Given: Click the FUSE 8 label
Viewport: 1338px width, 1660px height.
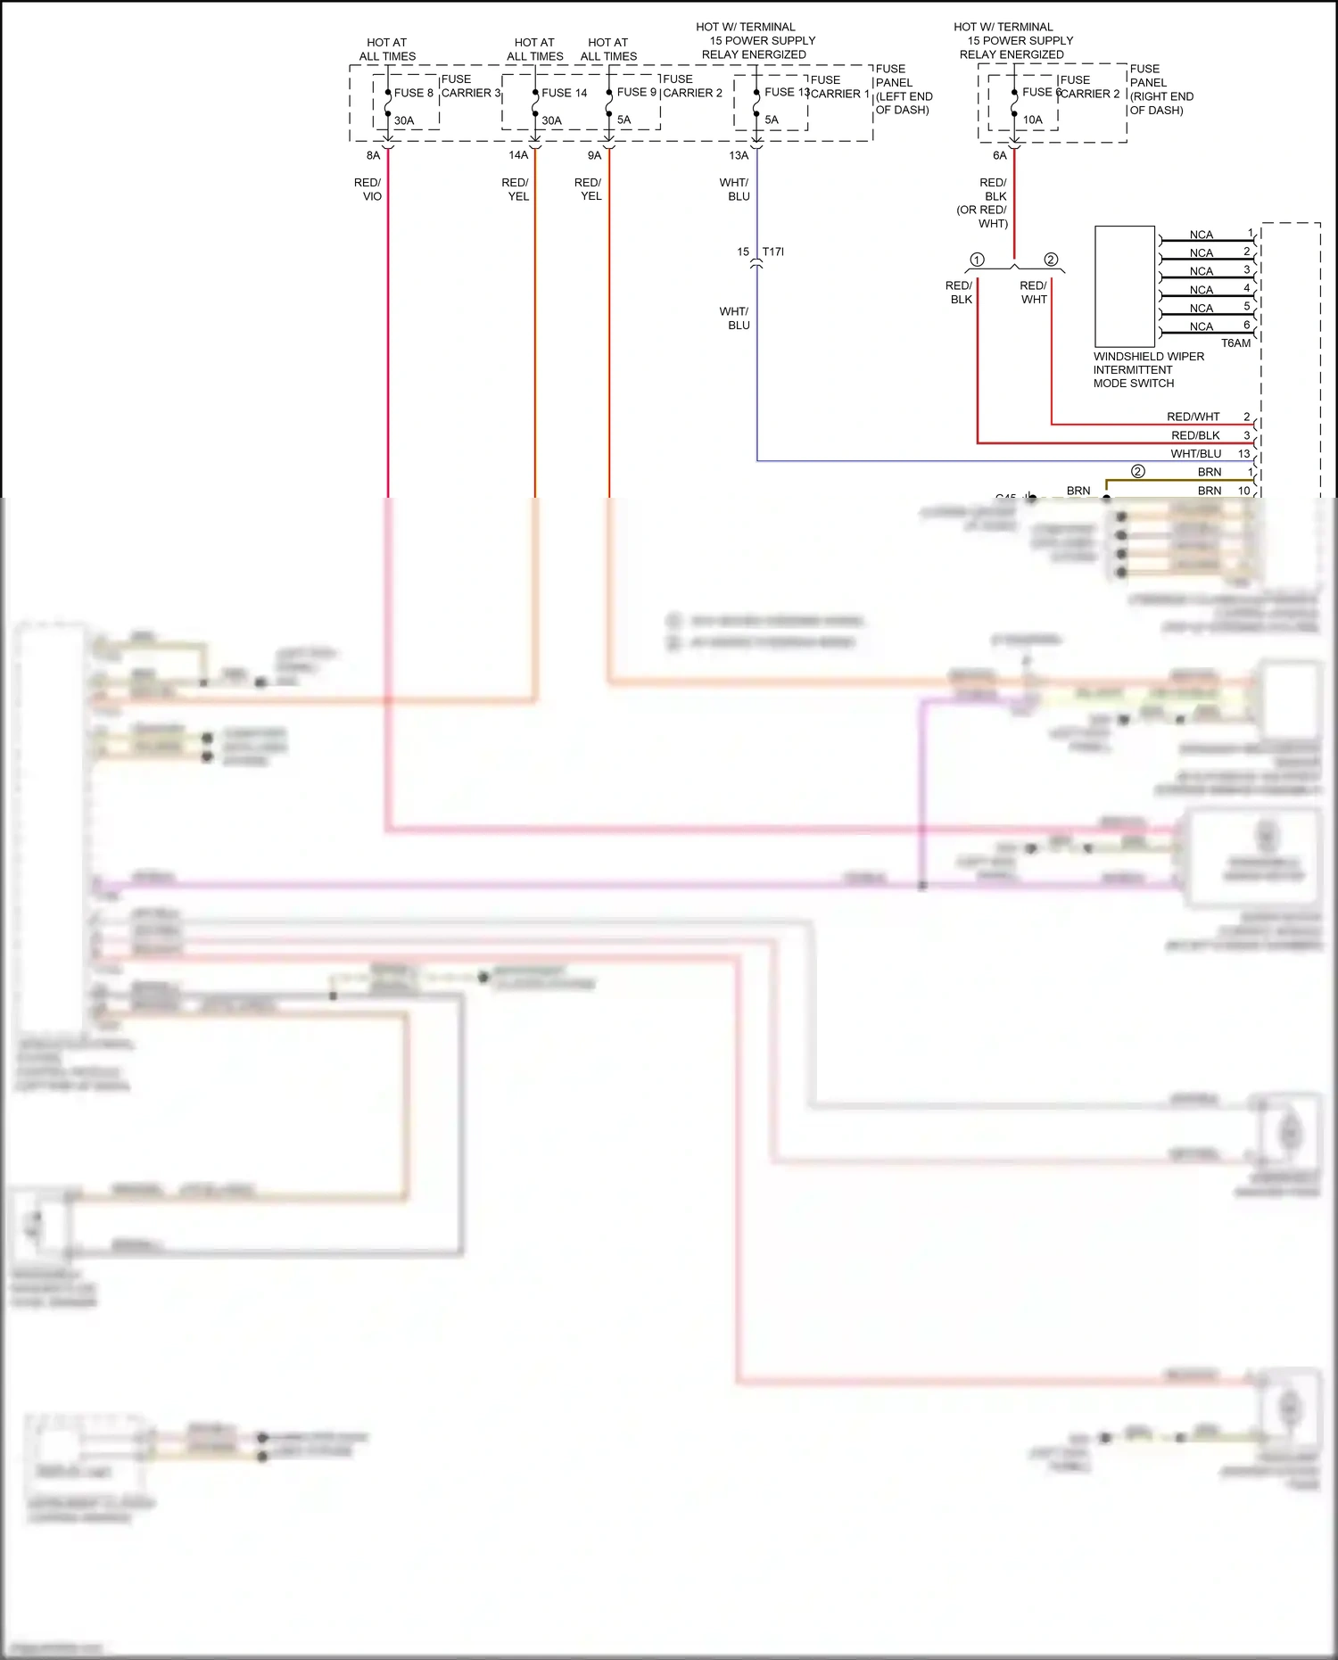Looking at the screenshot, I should pyautogui.click(x=413, y=93).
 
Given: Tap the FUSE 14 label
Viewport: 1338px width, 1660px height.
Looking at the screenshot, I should pyautogui.click(x=564, y=93).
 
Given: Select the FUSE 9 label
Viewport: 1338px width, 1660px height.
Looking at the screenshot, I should pyautogui.click(x=636, y=92).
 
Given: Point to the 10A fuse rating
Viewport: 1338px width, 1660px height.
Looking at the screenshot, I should pyautogui.click(x=1032, y=120).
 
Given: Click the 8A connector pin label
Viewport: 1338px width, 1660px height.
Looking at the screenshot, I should pyautogui.click(x=373, y=155).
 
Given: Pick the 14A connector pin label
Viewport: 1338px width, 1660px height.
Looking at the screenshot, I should pyautogui.click(x=518, y=155).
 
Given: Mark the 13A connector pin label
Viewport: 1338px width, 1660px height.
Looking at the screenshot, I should pyautogui.click(x=739, y=155).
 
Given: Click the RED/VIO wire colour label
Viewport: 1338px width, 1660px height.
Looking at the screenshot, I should pyautogui.click(x=368, y=189).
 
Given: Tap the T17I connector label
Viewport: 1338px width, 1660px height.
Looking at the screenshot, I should pyautogui.click(x=773, y=252).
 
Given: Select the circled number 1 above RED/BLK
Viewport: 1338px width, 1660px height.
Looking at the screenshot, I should pyautogui.click(x=978, y=260).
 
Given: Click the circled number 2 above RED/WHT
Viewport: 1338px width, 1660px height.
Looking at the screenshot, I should pyautogui.click(x=1051, y=260).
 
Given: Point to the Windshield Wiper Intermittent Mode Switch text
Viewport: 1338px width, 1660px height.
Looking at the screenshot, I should pyautogui.click(x=1147, y=369).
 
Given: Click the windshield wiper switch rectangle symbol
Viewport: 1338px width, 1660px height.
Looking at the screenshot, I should pyautogui.click(x=1125, y=285).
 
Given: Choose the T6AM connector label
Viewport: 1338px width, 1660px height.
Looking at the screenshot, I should pyautogui.click(x=1235, y=343).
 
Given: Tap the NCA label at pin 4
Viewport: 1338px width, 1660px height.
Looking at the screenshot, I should pyautogui.click(x=1201, y=290).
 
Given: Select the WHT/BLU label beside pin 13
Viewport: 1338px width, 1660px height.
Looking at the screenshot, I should pyautogui.click(x=1195, y=454).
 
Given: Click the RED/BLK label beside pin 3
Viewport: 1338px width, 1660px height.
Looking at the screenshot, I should pyautogui.click(x=1195, y=435).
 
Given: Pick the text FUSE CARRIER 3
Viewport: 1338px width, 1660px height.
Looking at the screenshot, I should pyautogui.click(x=470, y=86).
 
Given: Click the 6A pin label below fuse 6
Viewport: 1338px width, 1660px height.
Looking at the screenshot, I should pyautogui.click(x=999, y=155).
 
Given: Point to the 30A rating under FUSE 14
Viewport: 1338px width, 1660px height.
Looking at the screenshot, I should pyautogui.click(x=551, y=120).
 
